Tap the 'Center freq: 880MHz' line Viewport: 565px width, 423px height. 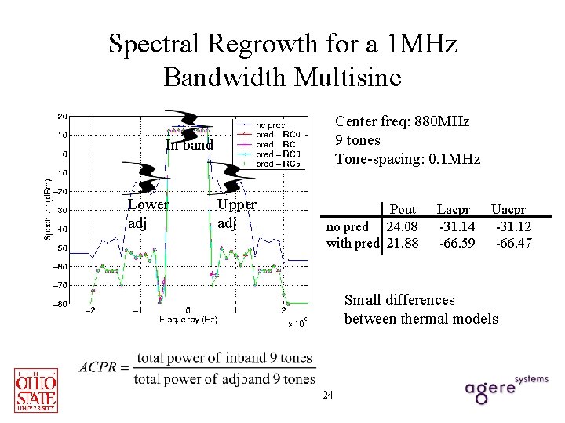(402, 121)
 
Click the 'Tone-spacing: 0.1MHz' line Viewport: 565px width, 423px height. (407, 159)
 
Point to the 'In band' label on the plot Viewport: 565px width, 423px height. (189, 145)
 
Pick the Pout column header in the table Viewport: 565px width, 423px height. (403, 210)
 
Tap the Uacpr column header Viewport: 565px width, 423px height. (508, 210)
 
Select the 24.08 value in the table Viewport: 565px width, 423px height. (403, 227)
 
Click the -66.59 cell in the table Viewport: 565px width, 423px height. (456, 244)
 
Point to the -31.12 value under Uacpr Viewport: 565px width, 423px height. (514, 227)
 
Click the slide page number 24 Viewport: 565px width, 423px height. (328, 395)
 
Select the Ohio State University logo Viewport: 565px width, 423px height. (36, 389)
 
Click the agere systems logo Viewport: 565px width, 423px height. (505, 389)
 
